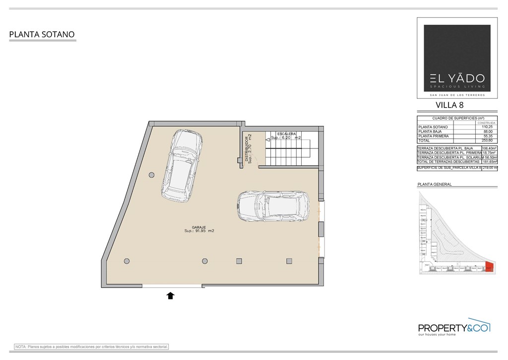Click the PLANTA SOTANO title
[42, 35]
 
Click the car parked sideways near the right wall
[273, 206]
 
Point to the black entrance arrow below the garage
[170, 296]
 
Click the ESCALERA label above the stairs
[287, 134]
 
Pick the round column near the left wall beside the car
[151, 174]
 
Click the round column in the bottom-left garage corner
[127, 261]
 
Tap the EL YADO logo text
[457, 78]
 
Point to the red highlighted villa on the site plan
[489, 267]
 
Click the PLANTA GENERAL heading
[435, 184]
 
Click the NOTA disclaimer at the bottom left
[92, 346]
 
